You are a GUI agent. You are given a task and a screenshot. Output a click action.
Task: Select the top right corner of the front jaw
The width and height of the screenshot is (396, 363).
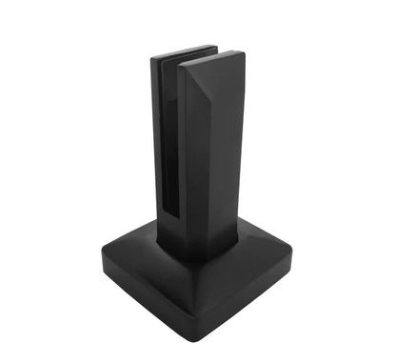coord(242,55)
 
